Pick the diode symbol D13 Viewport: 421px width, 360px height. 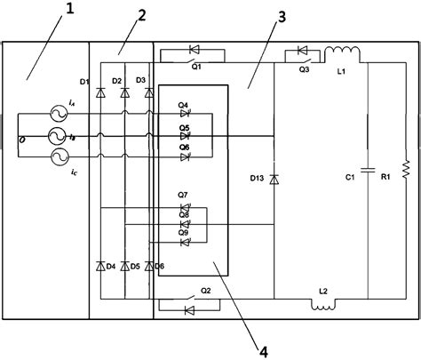[x=274, y=180]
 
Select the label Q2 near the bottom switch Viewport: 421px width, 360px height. [x=205, y=291]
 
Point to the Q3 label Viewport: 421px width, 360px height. [x=304, y=68]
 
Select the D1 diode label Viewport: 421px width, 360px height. [x=85, y=82]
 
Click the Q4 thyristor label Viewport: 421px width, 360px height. [x=183, y=105]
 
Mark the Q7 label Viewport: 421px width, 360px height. [x=183, y=194]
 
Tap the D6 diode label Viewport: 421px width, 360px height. [x=160, y=266]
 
